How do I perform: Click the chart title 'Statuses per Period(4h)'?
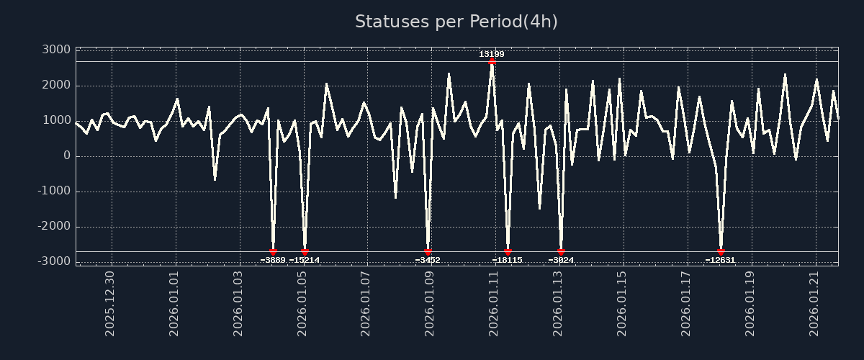click(x=456, y=22)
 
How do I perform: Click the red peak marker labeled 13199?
click(x=492, y=62)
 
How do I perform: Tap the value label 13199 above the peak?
click(x=492, y=54)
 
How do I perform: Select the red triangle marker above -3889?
click(x=273, y=252)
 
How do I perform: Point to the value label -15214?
click(x=304, y=260)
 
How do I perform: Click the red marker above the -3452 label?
click(x=428, y=252)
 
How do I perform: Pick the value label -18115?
click(x=507, y=260)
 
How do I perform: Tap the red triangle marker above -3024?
click(x=561, y=252)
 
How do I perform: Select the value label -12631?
click(x=720, y=260)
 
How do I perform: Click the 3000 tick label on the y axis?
click(x=56, y=50)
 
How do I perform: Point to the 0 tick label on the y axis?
click(x=66, y=156)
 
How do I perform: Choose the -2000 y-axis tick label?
click(x=54, y=226)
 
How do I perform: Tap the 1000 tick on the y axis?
click(x=56, y=120)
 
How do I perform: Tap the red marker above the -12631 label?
click(x=721, y=252)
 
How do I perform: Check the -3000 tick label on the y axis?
click(x=54, y=261)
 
